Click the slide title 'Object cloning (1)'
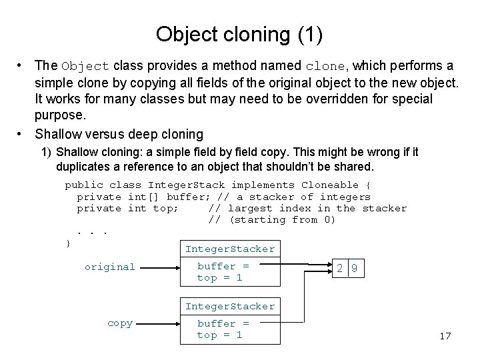coord(239,34)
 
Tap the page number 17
coord(445,336)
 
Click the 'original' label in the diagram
coord(110,267)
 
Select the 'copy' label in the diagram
coord(120,323)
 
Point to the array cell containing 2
coord(340,269)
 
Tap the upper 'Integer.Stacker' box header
coord(230,249)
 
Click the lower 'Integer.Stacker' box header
coord(230,307)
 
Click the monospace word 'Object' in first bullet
coord(85,67)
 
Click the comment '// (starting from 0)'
coord(272,220)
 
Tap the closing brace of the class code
coord(68,243)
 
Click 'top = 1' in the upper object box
coord(219,278)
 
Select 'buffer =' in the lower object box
coord(223,323)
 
